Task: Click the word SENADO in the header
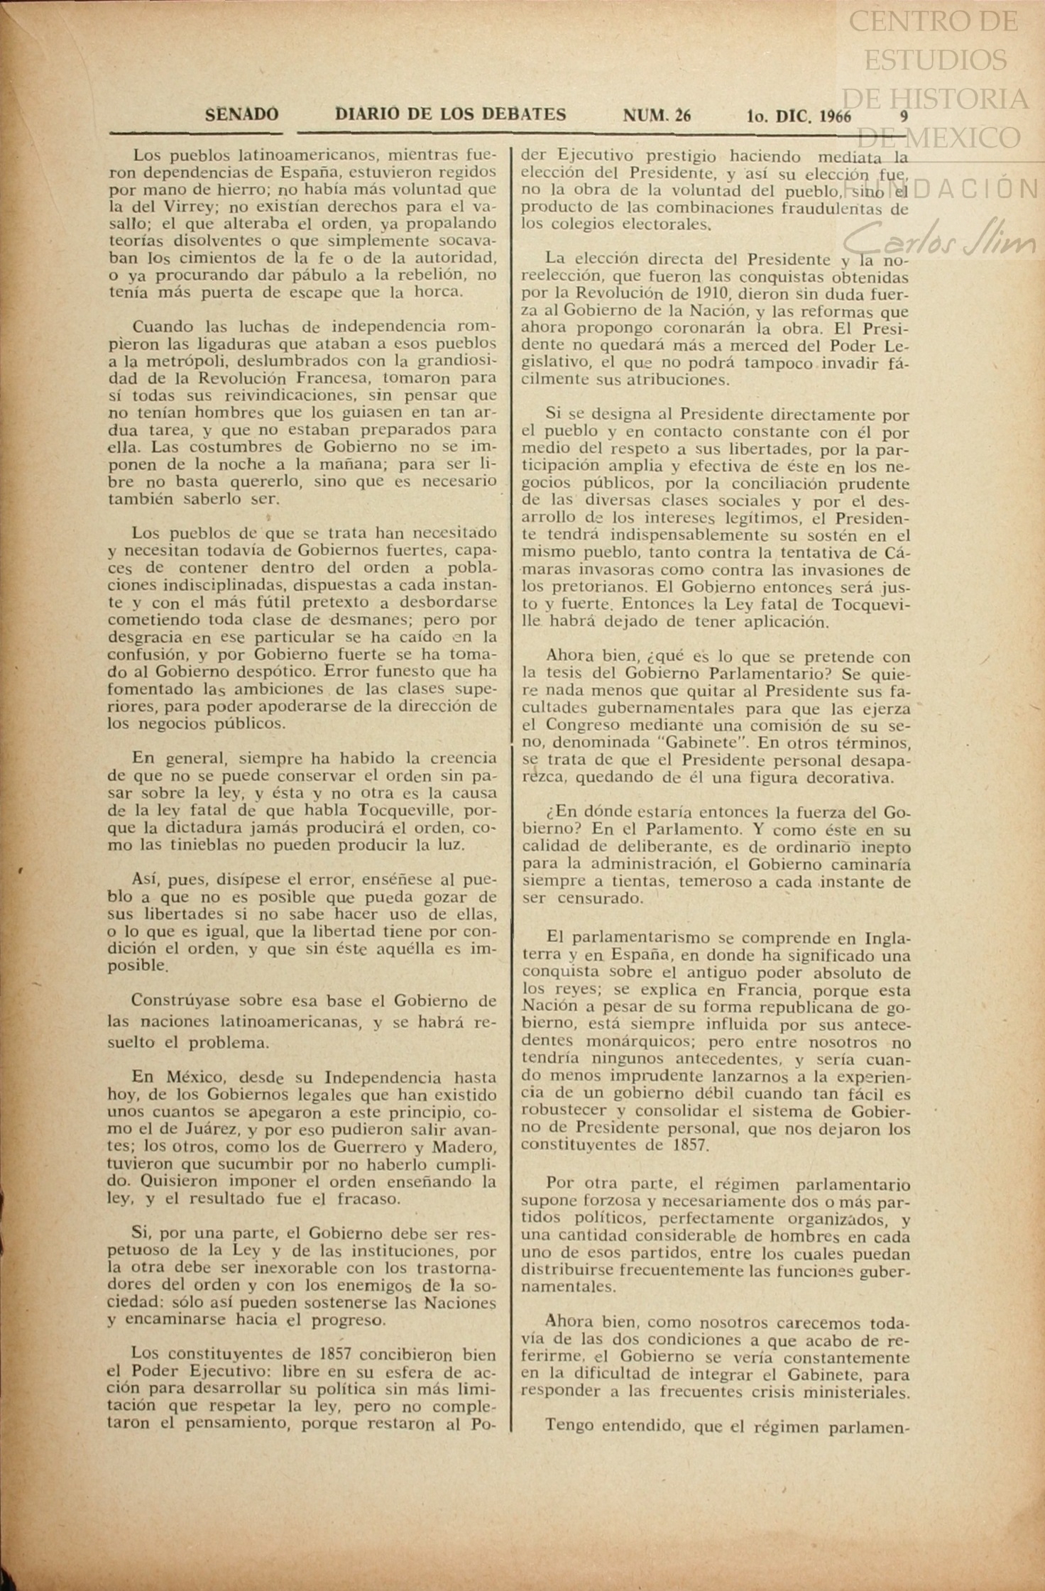[x=241, y=114]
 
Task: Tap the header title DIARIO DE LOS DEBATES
[x=450, y=114]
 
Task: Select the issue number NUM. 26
[x=657, y=115]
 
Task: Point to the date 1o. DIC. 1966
[x=799, y=116]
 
